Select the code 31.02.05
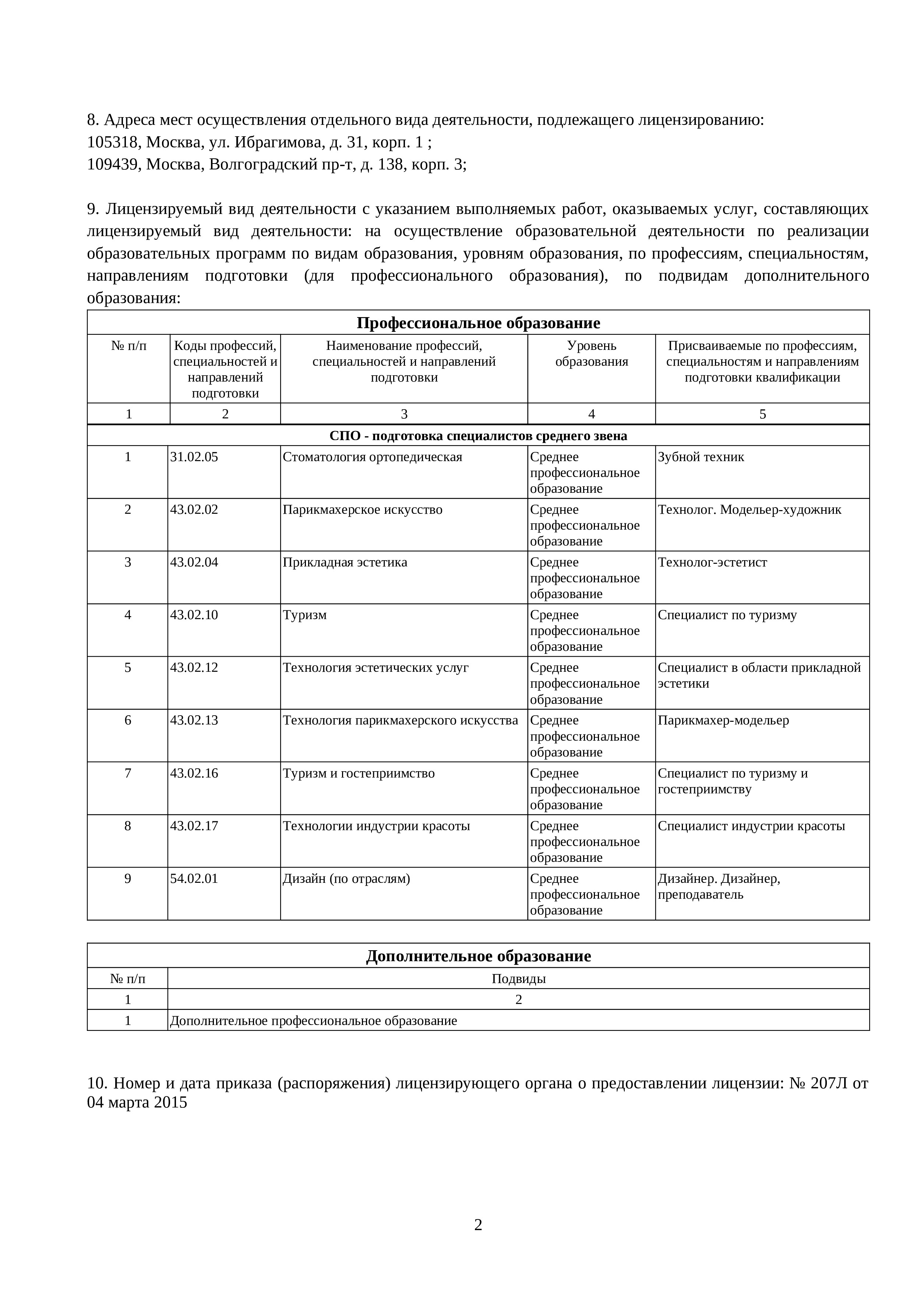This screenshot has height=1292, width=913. (194, 457)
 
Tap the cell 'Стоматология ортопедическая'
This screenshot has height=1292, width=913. (373, 457)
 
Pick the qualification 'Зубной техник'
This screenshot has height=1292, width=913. (701, 457)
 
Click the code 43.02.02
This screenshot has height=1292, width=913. (194, 510)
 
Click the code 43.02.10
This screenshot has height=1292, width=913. (194, 615)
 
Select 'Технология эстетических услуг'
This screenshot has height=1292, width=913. (376, 668)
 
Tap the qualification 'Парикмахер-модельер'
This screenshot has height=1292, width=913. (723, 720)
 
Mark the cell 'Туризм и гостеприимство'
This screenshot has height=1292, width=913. (359, 773)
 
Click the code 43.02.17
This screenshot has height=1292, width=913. (194, 826)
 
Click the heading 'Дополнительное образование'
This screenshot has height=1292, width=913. (478, 956)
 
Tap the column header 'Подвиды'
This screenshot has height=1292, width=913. (519, 979)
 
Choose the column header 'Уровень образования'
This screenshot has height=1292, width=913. (591, 354)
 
